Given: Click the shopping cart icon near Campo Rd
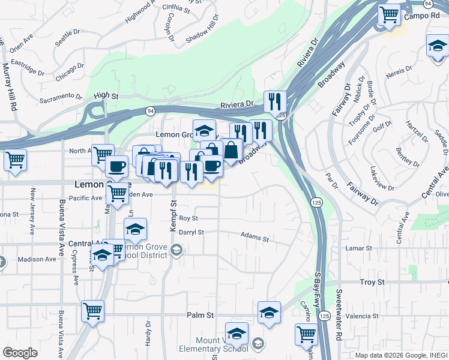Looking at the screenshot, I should point(389,14).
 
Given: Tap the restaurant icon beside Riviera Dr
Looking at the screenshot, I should point(274,102).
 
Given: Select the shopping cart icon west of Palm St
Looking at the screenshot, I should point(92,311).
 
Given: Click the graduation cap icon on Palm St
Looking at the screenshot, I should point(269,312).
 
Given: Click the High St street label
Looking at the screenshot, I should point(106,95).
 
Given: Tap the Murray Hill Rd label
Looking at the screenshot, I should point(9,86).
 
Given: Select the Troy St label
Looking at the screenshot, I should point(372,281).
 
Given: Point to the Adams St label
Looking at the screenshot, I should point(255,238).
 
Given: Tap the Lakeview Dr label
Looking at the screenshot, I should point(381,178).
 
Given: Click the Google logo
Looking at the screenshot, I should point(20,352).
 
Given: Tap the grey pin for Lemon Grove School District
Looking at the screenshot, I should point(176,251).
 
